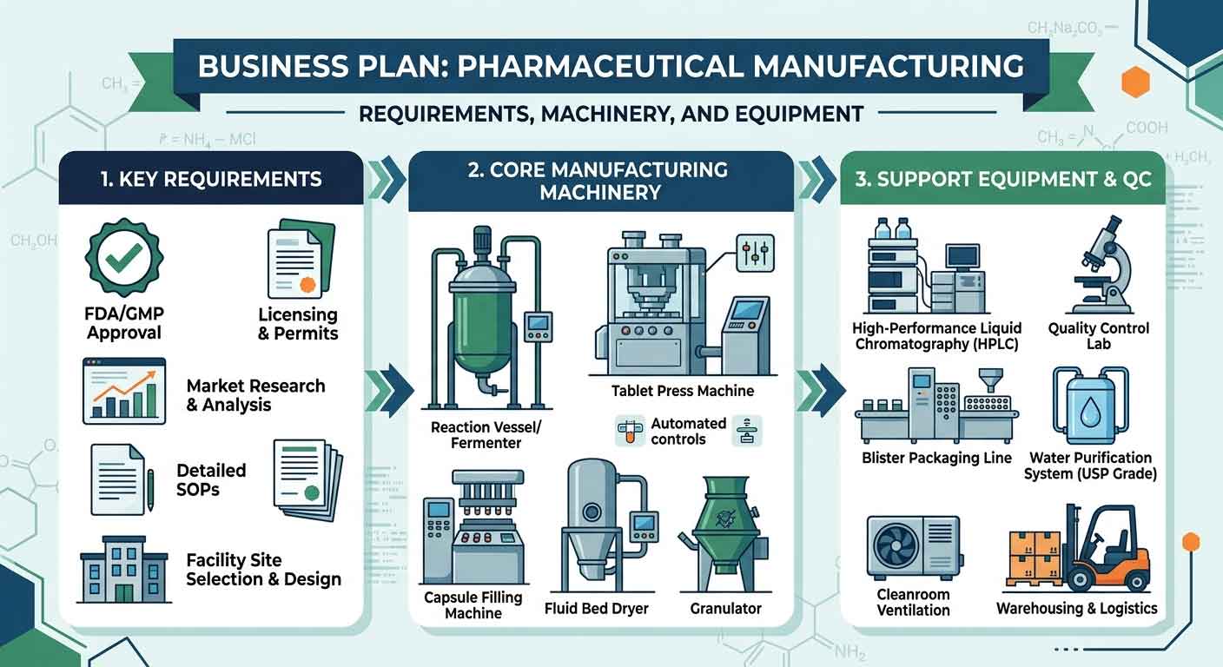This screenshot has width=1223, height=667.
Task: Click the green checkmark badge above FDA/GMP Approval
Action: click(124, 258)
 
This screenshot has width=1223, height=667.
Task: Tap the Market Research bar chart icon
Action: click(124, 391)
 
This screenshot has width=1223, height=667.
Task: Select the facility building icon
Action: click(124, 569)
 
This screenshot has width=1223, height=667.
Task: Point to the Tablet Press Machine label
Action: click(683, 391)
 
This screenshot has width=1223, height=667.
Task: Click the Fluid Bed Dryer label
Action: click(596, 609)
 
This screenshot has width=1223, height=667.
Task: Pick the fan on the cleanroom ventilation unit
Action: click(896, 546)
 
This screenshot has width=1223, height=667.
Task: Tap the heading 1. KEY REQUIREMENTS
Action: click(211, 179)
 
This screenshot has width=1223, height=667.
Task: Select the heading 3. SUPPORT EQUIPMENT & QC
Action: click(1003, 179)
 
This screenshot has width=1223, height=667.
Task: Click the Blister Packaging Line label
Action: click(936, 458)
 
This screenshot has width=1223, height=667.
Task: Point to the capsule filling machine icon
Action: click(473, 526)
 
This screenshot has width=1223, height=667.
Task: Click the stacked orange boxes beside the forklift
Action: click(1035, 556)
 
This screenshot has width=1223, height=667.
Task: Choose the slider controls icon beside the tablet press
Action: click(755, 254)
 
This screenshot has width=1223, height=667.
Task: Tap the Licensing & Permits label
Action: click(298, 324)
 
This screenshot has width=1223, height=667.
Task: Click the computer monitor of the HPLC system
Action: click(962, 256)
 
